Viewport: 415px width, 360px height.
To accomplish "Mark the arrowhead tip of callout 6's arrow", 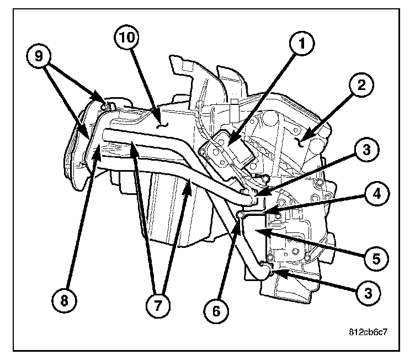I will click(x=239, y=218).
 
